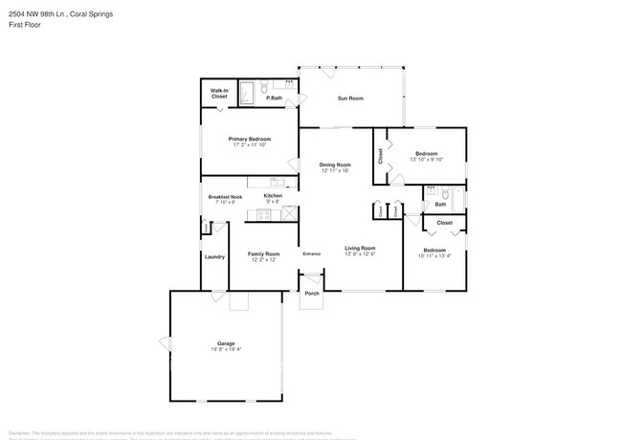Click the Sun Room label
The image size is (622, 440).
click(350, 98)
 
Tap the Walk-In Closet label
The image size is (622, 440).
click(219, 94)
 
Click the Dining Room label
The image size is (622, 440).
click(335, 165)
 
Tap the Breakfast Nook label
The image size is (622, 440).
click(225, 197)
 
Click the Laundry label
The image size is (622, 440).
click(214, 256)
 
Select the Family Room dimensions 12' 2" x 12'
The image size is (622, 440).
click(262, 259)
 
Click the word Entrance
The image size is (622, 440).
click(312, 253)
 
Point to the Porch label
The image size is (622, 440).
click(312, 294)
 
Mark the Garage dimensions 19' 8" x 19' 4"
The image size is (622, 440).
click(227, 349)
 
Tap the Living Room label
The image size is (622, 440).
click(360, 248)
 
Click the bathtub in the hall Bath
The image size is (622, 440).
click(459, 198)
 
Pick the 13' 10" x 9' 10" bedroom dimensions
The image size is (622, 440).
click(427, 160)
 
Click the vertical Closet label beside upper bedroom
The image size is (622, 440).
click(381, 155)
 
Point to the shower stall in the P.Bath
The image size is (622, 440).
click(248, 93)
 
